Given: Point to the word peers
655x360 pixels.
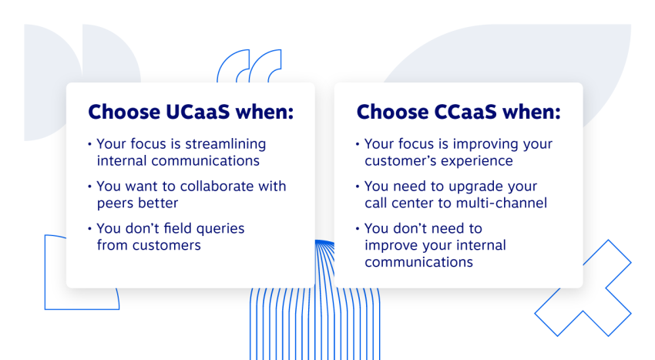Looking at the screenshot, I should pos(115,203).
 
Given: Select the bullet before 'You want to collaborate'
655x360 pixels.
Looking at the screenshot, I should pos(89,187).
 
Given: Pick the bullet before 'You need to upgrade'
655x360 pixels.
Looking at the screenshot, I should pos(358,187).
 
